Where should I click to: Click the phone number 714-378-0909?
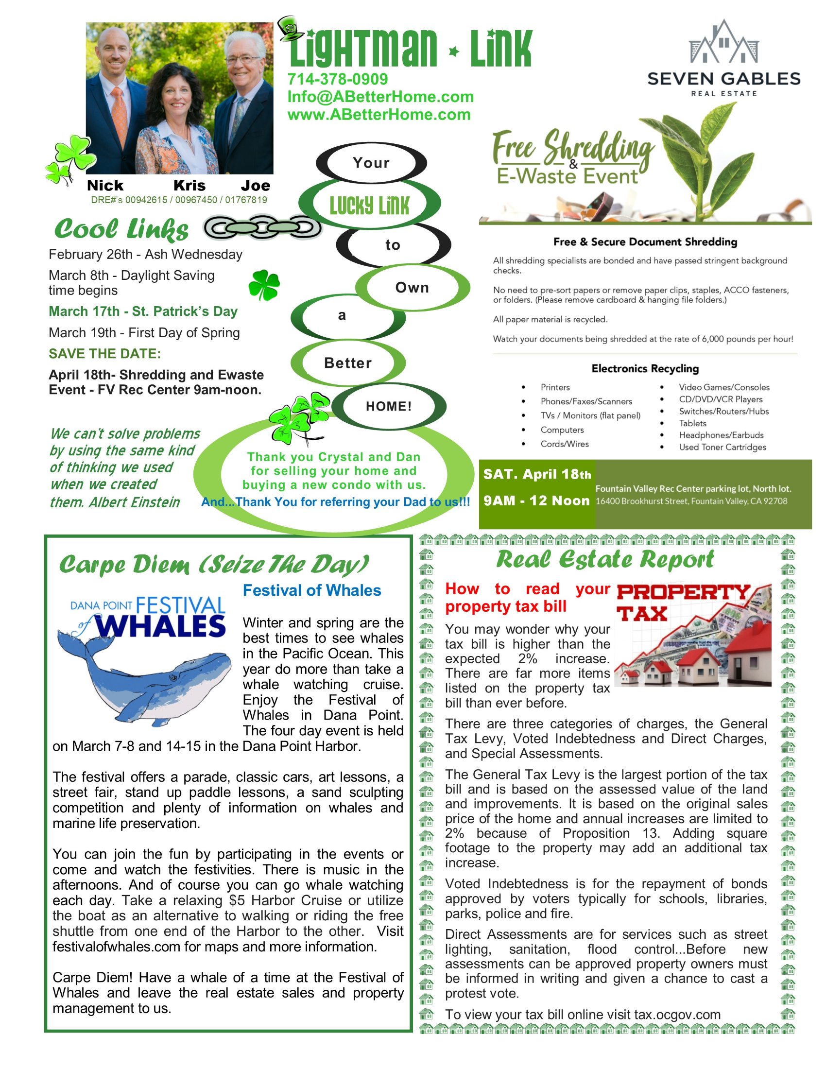[x=337, y=79]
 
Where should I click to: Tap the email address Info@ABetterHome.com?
[x=380, y=97]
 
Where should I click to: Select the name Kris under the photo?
[x=189, y=186]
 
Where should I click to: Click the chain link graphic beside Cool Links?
[x=262, y=227]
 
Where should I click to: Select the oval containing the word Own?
[x=412, y=288]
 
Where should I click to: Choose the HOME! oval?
[x=389, y=406]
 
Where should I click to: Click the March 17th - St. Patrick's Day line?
[x=143, y=311]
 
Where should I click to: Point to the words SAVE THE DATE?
[x=105, y=354]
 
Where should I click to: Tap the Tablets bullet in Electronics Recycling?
[x=692, y=423]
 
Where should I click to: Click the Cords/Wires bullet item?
[x=564, y=444]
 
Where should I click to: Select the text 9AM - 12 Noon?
[x=536, y=500]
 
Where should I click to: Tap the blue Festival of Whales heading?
[x=312, y=591]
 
